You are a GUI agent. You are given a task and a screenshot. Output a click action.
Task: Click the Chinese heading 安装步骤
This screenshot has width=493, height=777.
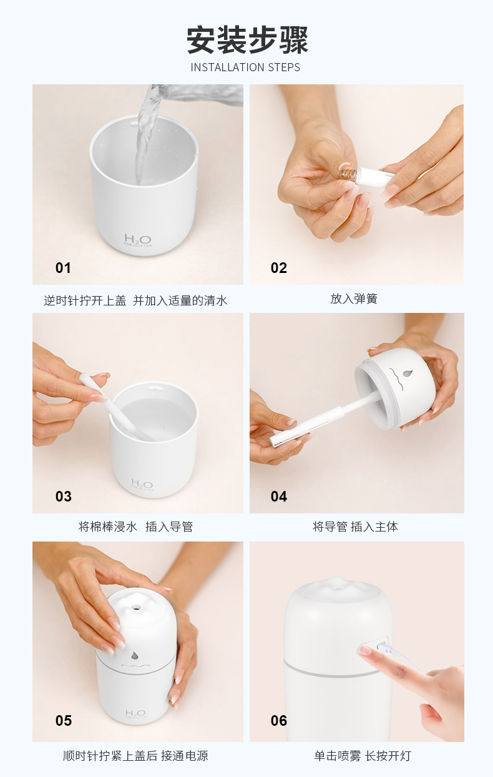point(247,40)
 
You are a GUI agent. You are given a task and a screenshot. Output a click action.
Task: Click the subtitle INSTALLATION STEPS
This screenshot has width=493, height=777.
point(245,67)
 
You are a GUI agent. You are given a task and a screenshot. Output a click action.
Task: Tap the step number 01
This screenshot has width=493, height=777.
point(63,268)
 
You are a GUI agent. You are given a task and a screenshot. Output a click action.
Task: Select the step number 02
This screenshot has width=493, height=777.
point(278,268)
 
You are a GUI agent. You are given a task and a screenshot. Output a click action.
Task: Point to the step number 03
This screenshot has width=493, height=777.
point(64,497)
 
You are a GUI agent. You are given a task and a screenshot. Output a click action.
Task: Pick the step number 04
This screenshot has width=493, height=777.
point(279,497)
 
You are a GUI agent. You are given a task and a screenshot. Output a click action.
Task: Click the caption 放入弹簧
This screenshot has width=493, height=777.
point(354,299)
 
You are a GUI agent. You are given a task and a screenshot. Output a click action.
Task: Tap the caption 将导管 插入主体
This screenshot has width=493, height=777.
point(355,527)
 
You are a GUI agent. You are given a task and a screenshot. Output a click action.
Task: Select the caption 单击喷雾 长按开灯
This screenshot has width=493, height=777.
point(363,756)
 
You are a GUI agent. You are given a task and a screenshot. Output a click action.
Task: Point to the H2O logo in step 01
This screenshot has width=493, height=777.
point(139,240)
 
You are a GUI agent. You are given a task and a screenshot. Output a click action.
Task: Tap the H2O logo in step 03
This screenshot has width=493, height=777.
point(142,484)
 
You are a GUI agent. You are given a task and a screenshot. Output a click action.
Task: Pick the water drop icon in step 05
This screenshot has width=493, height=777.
point(135,656)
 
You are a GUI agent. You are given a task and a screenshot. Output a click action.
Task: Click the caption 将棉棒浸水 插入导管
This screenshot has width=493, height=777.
point(135,527)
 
